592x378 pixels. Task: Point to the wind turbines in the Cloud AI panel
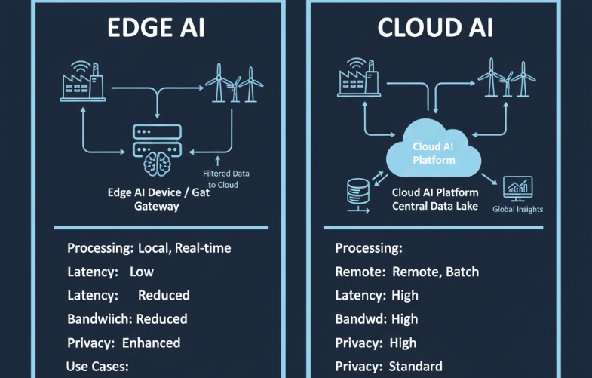505,79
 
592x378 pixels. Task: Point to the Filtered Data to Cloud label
226,179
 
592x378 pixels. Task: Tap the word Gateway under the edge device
156,206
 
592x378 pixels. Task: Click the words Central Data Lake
435,206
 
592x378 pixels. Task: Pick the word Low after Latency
142,272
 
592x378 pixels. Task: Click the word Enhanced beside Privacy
151,343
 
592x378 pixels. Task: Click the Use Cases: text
99,367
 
